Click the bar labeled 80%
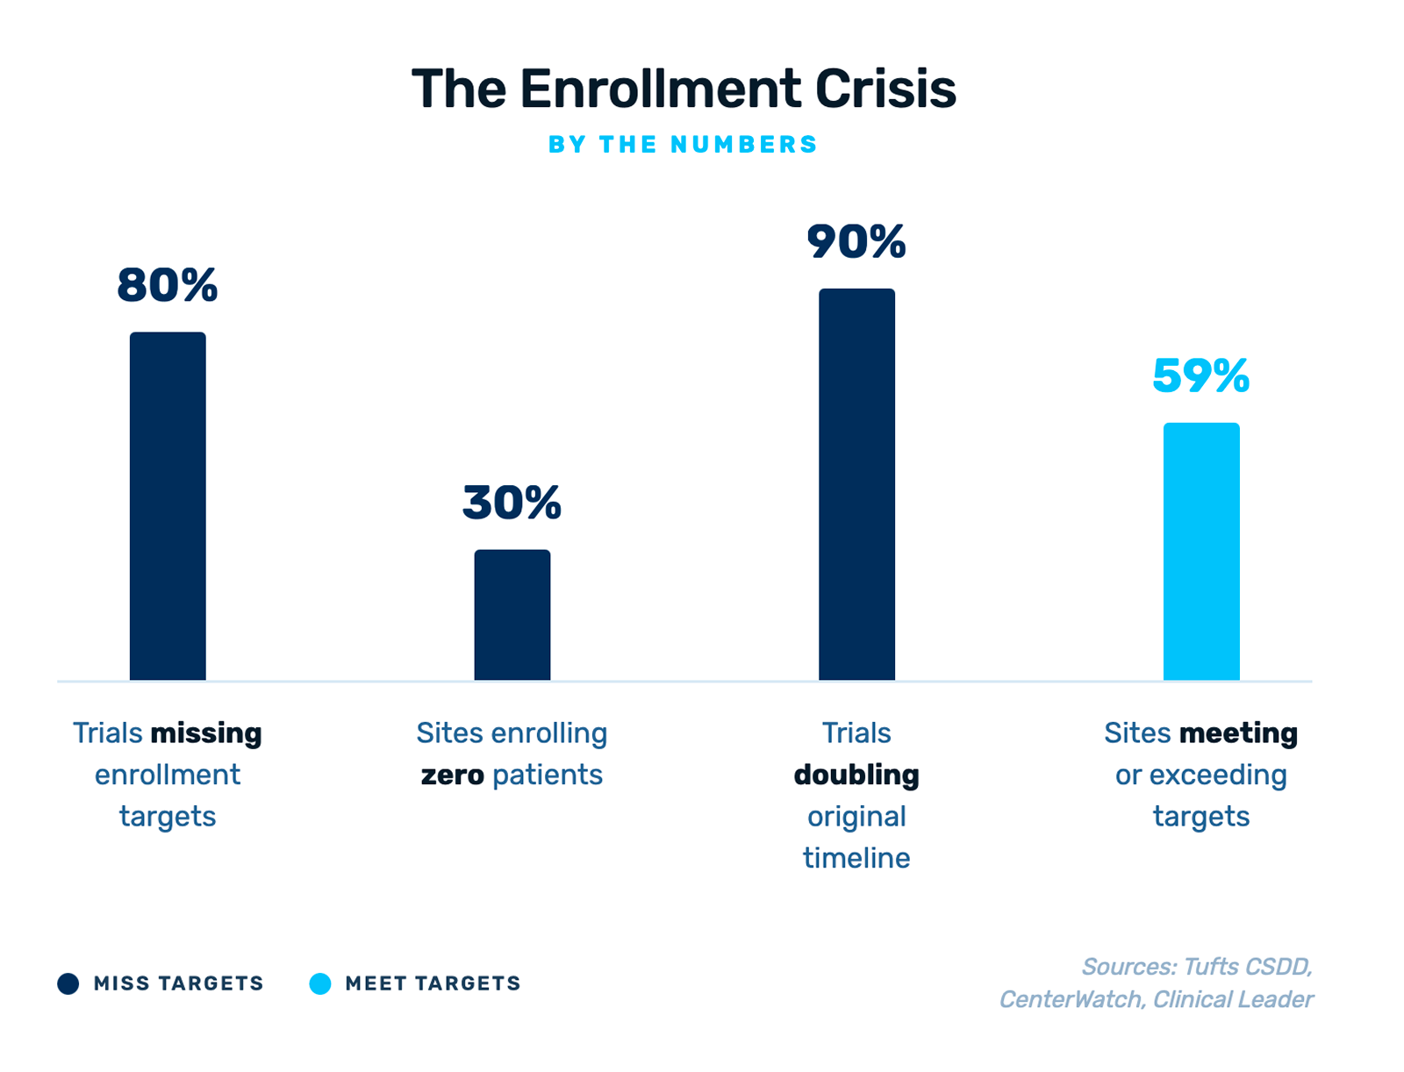[x=168, y=506]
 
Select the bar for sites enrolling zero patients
[x=512, y=615]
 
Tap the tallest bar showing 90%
[x=856, y=484]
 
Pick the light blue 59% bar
[x=1201, y=552]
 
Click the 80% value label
[x=167, y=286]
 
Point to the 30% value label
[x=512, y=504]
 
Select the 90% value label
[x=856, y=242]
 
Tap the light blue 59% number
[x=1200, y=376]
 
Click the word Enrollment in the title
[x=659, y=89]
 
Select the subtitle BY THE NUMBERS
[x=683, y=145]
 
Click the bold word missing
[x=206, y=733]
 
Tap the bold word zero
[x=452, y=775]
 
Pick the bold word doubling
[x=856, y=775]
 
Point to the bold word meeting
[x=1238, y=733]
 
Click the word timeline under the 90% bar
[x=856, y=858]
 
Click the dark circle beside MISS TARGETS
[x=68, y=983]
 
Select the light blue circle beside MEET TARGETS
[x=320, y=983]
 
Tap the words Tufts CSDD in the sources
[x=1247, y=967]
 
